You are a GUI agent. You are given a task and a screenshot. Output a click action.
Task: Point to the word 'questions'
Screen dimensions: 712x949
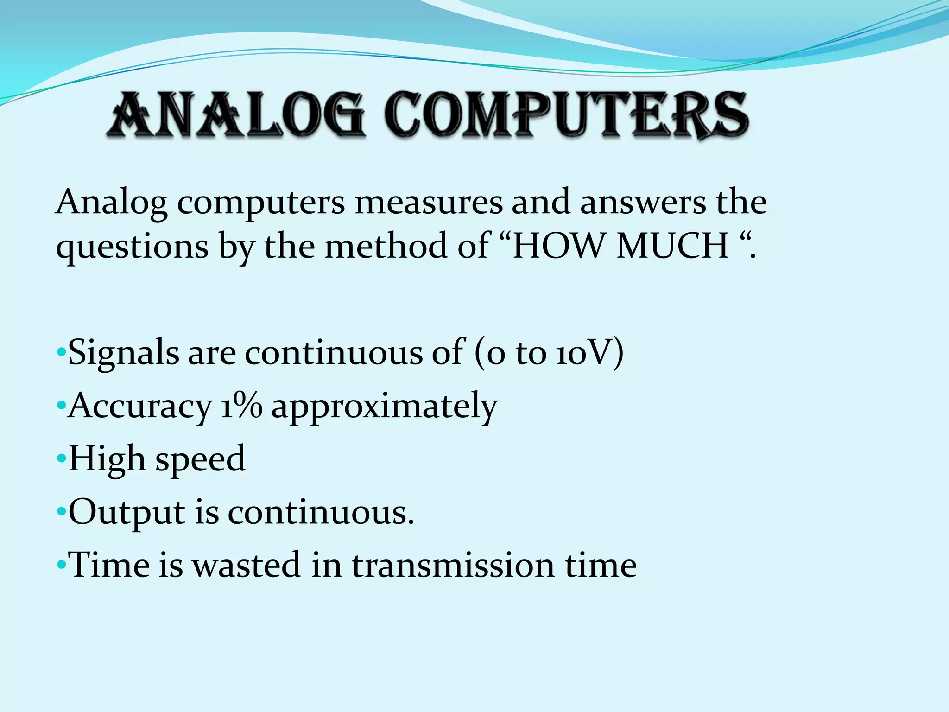[x=132, y=247]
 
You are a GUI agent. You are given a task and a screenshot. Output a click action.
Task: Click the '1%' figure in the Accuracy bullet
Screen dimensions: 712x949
[x=241, y=406]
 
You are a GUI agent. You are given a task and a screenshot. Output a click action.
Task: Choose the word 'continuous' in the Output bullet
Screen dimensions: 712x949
[x=320, y=513]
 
